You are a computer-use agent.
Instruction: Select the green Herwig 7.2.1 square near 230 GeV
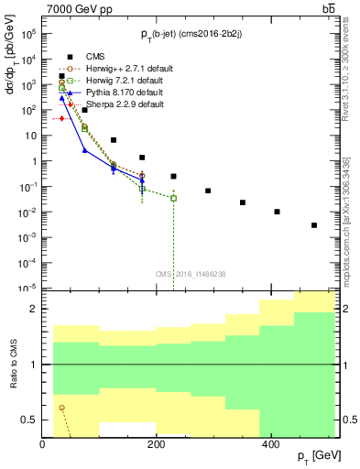point(173,198)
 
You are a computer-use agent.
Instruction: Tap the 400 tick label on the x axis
point(270,444)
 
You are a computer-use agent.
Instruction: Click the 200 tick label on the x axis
point(157,444)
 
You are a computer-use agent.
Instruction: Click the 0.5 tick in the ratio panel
point(33,420)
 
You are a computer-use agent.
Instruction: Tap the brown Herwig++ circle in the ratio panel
point(61,408)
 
